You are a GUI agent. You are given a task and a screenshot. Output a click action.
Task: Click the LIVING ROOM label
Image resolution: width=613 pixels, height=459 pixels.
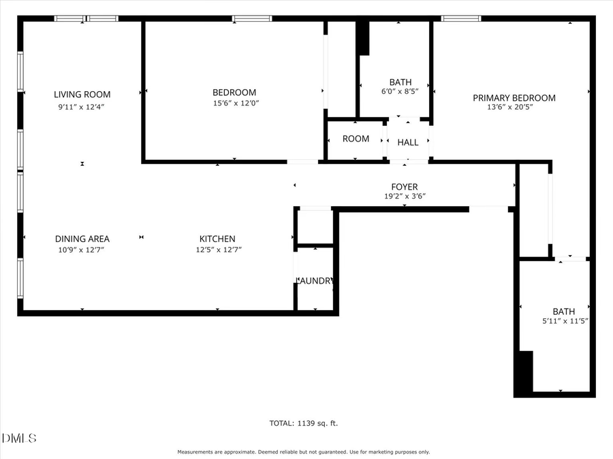pos(82,95)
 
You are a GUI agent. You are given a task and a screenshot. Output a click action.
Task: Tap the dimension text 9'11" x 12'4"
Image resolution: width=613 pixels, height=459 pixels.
pos(82,106)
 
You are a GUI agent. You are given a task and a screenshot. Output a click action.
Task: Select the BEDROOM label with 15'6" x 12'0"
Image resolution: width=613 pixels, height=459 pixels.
pos(234,92)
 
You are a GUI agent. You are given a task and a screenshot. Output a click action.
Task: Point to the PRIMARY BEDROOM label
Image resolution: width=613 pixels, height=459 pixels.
pos(514,98)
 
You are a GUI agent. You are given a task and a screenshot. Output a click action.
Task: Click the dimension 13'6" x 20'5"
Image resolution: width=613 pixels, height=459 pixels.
pos(514,107)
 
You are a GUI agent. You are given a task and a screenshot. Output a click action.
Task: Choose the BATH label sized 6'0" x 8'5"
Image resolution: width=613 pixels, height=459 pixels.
pos(400,82)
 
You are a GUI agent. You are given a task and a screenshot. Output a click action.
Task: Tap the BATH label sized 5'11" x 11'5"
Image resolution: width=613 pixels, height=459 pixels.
pos(563,311)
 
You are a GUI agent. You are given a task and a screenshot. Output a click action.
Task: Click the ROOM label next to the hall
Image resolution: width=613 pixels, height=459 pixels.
pos(356,139)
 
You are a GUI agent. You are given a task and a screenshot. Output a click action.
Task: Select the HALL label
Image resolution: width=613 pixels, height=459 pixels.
pos(408,142)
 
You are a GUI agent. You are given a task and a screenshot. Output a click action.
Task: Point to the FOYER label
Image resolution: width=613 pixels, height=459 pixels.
pos(404,187)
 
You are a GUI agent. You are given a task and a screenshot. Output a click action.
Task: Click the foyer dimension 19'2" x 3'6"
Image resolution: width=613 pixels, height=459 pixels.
pos(404,196)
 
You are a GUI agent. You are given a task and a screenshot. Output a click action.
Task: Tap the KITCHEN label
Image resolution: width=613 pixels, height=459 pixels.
pos(217,239)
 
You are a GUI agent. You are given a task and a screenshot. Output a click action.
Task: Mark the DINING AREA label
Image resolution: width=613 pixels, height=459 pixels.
pos(82,239)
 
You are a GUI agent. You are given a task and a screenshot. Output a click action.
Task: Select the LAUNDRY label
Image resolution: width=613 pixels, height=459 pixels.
pos(315,281)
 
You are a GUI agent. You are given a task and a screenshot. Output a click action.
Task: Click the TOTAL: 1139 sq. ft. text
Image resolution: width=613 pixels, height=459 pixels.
pos(304,423)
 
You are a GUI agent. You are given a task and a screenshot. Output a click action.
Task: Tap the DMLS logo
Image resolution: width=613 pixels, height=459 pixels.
pos(19,437)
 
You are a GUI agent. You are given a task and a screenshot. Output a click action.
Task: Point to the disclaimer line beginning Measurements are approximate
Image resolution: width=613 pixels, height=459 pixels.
pos(304,452)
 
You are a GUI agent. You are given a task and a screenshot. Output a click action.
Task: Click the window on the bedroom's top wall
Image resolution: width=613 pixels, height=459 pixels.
pos(252,18)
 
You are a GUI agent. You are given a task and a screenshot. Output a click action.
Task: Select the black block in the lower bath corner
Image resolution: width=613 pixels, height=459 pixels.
pos(524,373)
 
